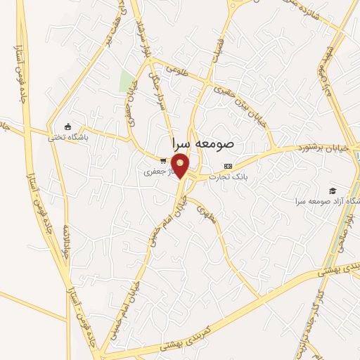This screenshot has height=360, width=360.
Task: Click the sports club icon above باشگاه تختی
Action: (x=68, y=127)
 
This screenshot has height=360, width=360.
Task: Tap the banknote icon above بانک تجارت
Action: (x=227, y=167)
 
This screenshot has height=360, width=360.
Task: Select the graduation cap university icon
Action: (x=332, y=191)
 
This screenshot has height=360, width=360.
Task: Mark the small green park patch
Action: (x=127, y=82)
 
